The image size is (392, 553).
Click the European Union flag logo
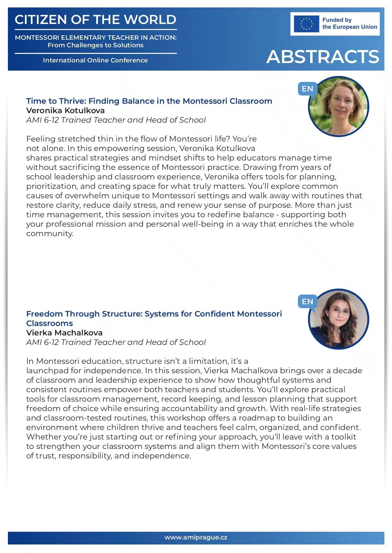tap(306, 24)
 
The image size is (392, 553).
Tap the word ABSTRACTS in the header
tap(323, 57)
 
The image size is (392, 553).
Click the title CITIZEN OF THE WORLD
tap(95, 20)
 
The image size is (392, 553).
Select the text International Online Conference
tap(95, 60)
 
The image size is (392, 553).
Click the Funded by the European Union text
tap(349, 24)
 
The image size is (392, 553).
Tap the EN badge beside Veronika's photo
tap(307, 89)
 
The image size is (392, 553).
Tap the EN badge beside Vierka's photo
tap(307, 302)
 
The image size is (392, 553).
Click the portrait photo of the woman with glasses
tap(338, 107)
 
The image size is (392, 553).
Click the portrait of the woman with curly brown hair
tap(338, 319)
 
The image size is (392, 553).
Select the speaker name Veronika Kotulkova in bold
tap(65, 111)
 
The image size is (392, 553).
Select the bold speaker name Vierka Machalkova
tap(64, 333)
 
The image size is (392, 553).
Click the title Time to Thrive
tap(149, 101)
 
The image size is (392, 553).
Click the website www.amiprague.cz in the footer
tap(196, 538)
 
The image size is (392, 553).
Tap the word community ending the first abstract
tap(50, 234)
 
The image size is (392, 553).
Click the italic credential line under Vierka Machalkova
tap(116, 342)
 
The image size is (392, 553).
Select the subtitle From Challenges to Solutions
tap(95, 45)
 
